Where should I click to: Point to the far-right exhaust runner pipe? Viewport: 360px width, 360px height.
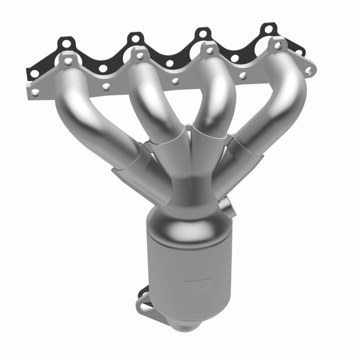[x=270, y=103]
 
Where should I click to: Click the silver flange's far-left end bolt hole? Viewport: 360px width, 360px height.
[x=35, y=93]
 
